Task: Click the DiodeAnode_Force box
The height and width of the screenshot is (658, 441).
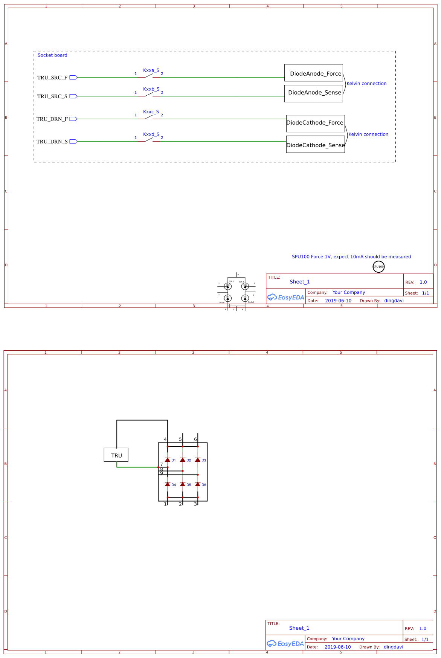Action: point(313,73)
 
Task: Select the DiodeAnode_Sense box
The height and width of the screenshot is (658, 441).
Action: point(313,93)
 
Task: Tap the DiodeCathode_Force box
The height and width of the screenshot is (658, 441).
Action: point(315,123)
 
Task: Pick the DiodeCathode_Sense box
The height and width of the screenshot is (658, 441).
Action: point(315,144)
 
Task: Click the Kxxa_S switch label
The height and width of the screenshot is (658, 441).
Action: point(151,70)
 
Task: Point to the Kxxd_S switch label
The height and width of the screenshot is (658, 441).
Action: point(151,134)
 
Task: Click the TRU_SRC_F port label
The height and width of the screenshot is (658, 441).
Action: point(52,78)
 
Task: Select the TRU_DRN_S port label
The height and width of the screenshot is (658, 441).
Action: point(52,142)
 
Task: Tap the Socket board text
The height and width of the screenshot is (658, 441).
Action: point(52,55)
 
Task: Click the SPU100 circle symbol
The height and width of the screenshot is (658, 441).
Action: point(378,267)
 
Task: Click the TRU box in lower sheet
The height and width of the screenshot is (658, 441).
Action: point(116,455)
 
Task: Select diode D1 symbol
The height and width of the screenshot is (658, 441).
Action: point(168,460)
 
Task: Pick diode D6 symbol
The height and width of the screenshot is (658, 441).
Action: point(198,484)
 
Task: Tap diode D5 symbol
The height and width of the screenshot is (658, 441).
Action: point(183,484)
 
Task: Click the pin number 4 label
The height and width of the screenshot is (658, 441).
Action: point(165,440)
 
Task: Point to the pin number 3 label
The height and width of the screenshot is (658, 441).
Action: point(195,504)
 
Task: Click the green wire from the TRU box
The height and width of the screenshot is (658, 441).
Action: point(136,467)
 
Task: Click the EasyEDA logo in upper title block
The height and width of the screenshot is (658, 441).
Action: point(285,297)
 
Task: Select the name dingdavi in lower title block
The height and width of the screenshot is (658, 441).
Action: point(393,647)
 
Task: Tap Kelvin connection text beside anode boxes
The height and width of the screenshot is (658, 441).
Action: point(366,84)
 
